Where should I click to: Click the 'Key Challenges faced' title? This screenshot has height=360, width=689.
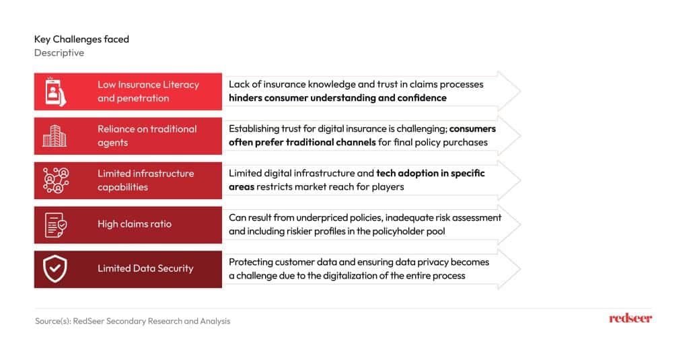click(x=81, y=39)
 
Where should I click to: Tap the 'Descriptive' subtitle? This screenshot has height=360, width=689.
click(x=59, y=52)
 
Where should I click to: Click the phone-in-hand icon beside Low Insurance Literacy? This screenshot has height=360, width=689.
click(x=55, y=92)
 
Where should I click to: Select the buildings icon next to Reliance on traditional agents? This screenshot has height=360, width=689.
click(x=55, y=136)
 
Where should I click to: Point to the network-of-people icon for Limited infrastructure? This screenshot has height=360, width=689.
click(x=56, y=180)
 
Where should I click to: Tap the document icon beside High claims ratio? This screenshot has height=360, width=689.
click(x=56, y=225)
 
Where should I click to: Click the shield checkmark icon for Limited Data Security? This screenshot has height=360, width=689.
click(x=55, y=269)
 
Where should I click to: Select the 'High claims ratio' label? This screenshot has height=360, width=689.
click(x=135, y=223)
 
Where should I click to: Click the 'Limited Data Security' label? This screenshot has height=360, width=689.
click(x=145, y=268)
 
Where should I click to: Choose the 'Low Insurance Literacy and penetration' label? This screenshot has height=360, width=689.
click(x=148, y=92)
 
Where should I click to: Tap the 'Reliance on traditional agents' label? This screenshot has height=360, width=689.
click(x=147, y=136)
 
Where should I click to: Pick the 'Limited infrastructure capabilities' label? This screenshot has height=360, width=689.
click(x=145, y=180)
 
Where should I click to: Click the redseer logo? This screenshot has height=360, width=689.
click(x=630, y=318)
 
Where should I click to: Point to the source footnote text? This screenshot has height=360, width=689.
click(x=133, y=321)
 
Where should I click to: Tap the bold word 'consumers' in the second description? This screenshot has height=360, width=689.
click(x=472, y=129)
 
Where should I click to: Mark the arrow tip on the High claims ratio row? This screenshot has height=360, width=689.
click(x=521, y=225)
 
